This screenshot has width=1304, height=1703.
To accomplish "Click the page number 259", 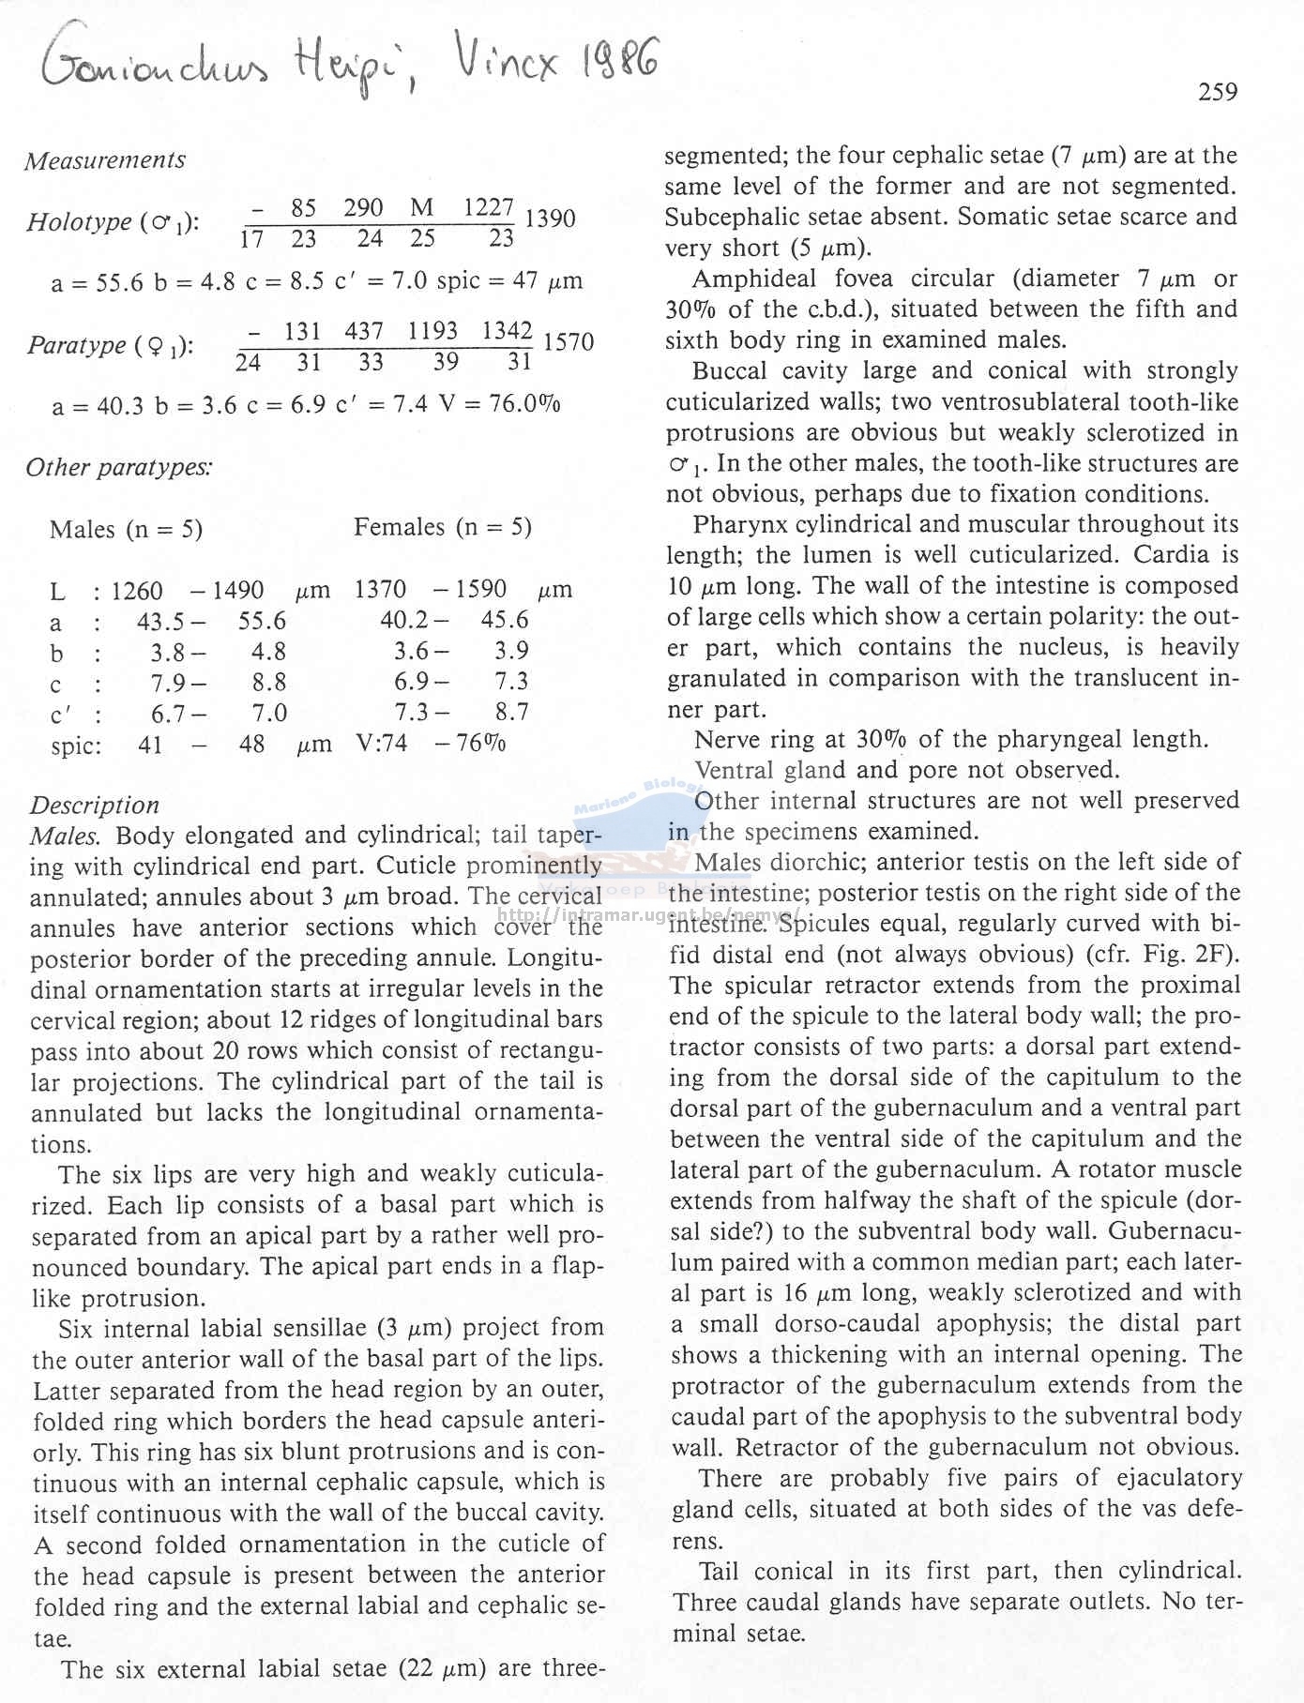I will coord(1217,92).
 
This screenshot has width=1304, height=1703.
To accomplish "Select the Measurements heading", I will coord(105,160).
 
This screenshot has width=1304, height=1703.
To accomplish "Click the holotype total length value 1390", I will coord(550,219).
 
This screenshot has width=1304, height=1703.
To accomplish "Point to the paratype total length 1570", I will coord(569,342).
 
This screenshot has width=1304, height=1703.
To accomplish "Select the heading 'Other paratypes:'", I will coord(119,467).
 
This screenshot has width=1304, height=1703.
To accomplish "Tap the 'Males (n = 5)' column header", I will coord(126,530).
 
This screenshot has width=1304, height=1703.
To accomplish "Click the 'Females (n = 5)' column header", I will coord(442,528).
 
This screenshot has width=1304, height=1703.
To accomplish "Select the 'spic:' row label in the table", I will coord(76,746).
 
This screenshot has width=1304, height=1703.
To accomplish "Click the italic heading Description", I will coord(94,805).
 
